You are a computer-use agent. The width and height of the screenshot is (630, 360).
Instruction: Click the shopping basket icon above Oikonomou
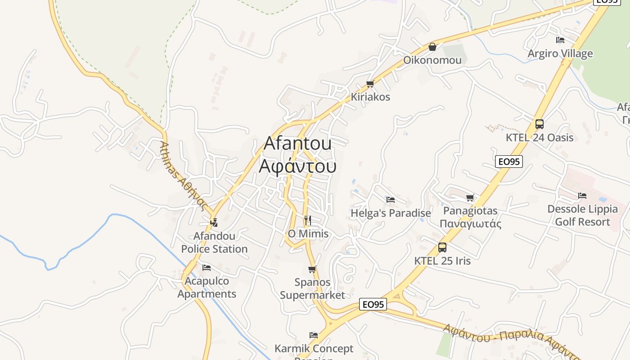pyautogui.click(x=432, y=47)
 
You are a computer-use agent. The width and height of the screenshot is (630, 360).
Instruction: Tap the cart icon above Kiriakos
pyautogui.click(x=370, y=84)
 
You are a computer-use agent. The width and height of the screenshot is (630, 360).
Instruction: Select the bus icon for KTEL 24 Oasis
pyautogui.click(x=539, y=124)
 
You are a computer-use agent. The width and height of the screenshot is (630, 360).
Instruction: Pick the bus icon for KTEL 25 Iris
pyautogui.click(x=442, y=247)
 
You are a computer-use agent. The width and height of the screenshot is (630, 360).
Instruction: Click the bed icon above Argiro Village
pyautogui.click(x=560, y=40)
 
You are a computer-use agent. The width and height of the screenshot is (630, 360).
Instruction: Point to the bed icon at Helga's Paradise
pyautogui.click(x=391, y=200)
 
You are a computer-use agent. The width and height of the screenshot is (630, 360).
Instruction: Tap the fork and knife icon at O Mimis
pyautogui.click(x=308, y=220)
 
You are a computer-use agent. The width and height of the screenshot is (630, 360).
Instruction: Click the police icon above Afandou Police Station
pyautogui.click(x=214, y=222)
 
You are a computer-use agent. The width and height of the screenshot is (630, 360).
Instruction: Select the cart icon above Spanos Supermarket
pyautogui.click(x=312, y=270)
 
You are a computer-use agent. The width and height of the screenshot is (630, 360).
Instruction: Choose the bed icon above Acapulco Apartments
pyautogui.click(x=207, y=268)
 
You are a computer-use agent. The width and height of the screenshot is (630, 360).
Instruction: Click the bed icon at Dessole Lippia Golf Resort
pyautogui.click(x=582, y=196)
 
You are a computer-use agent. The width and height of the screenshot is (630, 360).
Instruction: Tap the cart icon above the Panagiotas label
pyautogui.click(x=470, y=198)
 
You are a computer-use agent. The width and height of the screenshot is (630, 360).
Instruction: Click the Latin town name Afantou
pyautogui.click(x=297, y=143)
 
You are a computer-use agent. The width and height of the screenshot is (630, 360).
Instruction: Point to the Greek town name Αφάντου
pyautogui.click(x=297, y=166)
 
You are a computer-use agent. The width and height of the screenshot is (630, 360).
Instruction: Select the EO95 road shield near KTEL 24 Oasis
pyautogui.click(x=509, y=162)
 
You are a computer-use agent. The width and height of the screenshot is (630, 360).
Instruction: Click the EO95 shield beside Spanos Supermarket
pyautogui.click(x=373, y=305)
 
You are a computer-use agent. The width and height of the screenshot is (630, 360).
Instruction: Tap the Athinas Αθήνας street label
pyautogui.click(x=184, y=176)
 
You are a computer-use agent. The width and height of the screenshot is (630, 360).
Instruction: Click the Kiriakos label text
pyautogui.click(x=370, y=97)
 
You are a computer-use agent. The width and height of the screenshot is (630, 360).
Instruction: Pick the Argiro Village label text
pyautogui.click(x=560, y=54)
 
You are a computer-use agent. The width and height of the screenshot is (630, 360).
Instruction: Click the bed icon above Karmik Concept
pyautogui.click(x=314, y=335)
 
